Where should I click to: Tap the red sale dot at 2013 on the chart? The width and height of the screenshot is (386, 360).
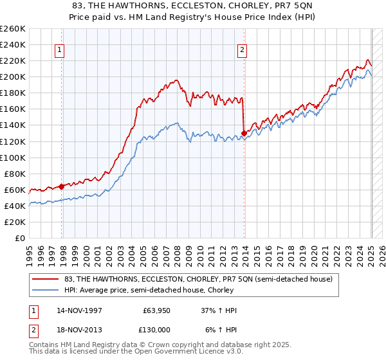(244, 133)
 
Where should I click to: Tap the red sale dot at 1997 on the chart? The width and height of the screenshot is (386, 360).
(61, 186)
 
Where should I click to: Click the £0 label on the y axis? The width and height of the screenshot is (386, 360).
(21, 238)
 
